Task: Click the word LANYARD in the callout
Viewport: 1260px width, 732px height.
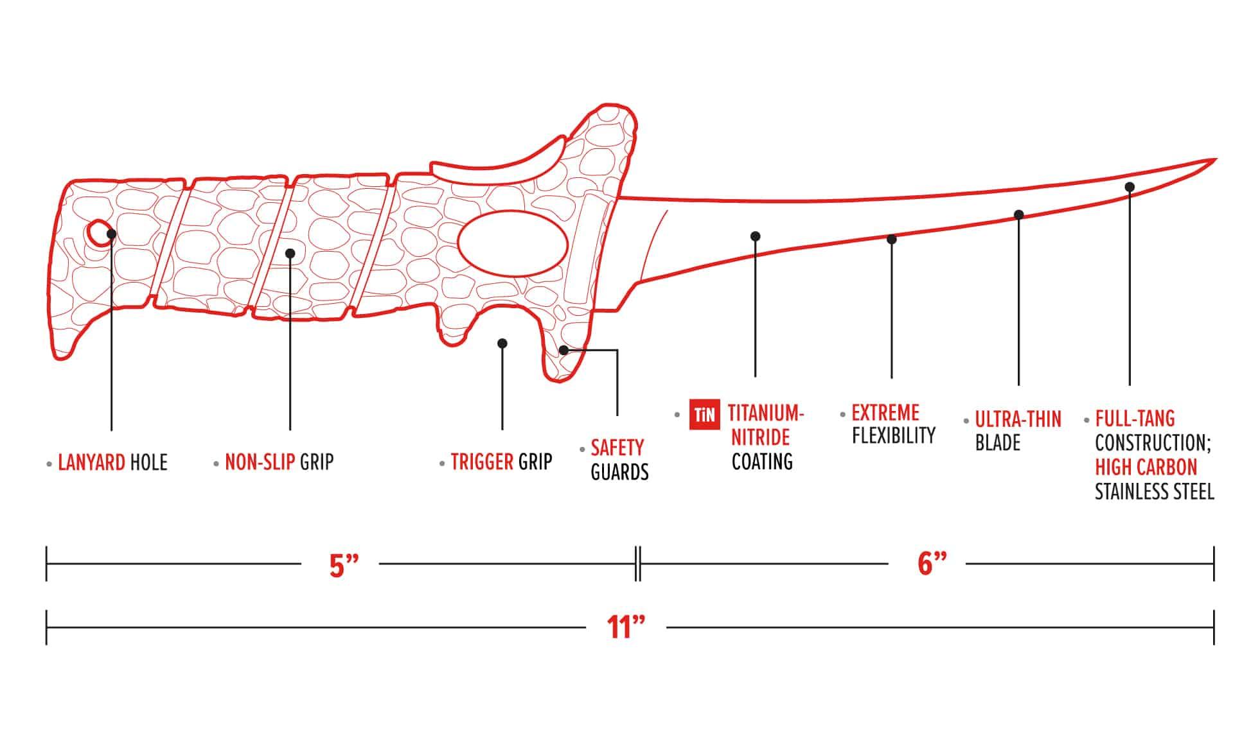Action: [91, 462]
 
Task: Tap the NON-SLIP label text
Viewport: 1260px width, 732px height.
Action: [260, 462]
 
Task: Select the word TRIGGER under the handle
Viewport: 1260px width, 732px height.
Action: [482, 462]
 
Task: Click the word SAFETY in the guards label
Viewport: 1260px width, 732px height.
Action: [617, 448]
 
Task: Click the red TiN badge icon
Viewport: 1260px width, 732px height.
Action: [704, 414]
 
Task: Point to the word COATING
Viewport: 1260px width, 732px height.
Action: [762, 462]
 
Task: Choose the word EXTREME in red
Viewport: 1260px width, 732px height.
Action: [885, 412]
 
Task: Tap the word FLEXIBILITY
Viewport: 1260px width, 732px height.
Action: [893, 435]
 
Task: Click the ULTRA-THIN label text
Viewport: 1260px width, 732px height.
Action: [1018, 419]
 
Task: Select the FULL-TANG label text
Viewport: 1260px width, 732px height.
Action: [1135, 419]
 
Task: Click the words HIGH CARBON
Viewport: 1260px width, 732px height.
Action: [1146, 467]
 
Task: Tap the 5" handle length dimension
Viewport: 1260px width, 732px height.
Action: [343, 565]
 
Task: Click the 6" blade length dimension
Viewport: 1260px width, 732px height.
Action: [932, 564]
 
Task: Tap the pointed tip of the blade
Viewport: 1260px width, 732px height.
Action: [1213, 160]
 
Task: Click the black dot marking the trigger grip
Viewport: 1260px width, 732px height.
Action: [502, 344]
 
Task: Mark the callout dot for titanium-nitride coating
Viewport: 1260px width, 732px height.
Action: [755, 236]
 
